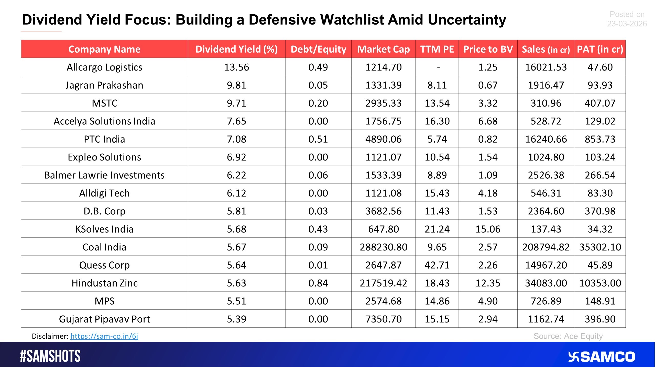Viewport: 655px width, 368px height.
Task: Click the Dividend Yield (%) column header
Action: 236,49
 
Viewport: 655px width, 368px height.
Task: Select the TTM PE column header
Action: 437,49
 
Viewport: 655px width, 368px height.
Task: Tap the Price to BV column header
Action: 488,49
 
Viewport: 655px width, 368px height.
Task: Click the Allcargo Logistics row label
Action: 104,67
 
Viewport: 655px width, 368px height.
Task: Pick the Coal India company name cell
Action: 104,247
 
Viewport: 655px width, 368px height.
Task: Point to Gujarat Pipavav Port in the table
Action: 104,319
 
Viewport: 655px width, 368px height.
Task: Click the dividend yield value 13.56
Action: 236,67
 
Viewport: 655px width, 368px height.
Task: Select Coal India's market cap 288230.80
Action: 383,247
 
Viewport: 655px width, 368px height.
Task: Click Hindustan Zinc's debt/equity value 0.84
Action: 318,283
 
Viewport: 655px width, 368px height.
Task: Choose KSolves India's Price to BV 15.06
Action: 488,229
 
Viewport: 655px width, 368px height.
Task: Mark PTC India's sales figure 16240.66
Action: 546,139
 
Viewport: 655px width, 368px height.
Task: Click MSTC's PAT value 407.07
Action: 600,103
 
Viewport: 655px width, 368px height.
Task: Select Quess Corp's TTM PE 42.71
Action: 437,265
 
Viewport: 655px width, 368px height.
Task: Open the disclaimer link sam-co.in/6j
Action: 104,336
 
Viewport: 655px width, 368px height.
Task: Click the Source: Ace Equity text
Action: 568,336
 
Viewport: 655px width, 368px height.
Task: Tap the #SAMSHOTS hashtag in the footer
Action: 50,356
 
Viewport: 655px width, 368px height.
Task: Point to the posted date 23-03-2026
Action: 627,24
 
